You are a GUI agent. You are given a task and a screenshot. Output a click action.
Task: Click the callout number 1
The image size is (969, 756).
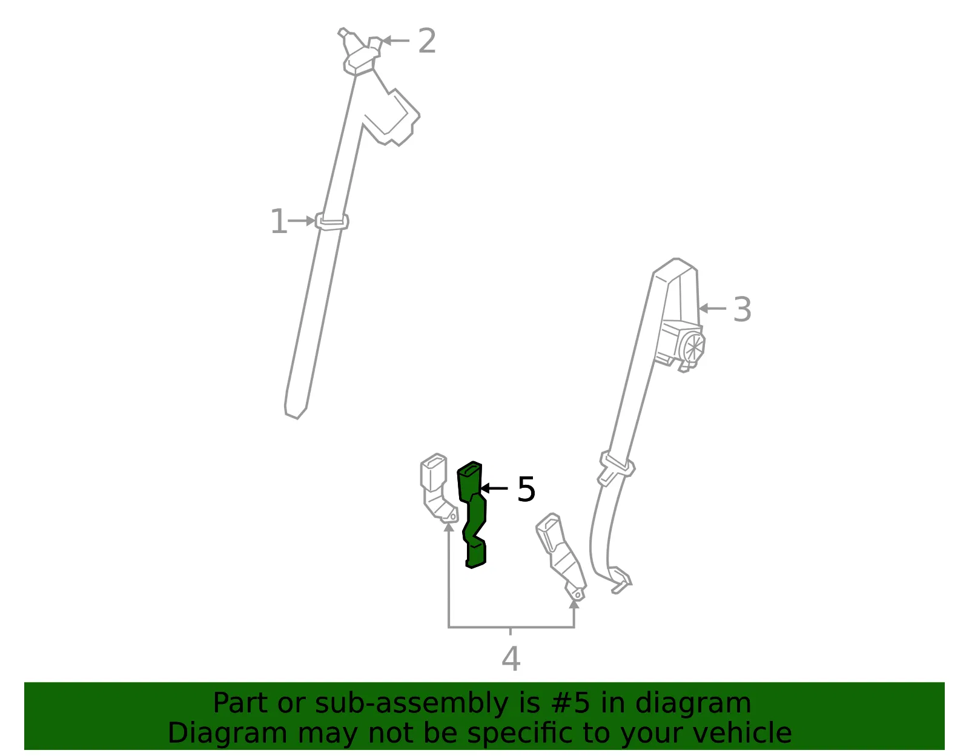pyautogui.click(x=279, y=221)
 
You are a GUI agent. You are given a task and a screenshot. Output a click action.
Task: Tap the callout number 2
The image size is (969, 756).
pyautogui.click(x=427, y=41)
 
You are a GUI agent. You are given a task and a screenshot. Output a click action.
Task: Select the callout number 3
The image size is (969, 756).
pyautogui.click(x=742, y=309)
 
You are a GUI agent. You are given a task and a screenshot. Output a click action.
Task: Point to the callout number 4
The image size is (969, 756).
pyautogui.click(x=511, y=659)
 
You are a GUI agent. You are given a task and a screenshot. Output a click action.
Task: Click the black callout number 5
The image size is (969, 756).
pyautogui.click(x=526, y=489)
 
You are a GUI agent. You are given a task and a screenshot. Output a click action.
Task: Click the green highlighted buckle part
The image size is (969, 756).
pyautogui.click(x=472, y=514)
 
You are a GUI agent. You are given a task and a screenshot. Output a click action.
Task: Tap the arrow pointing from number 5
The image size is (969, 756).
pyautogui.click(x=494, y=488)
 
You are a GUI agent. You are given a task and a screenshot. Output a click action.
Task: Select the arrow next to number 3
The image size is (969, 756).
pyautogui.click(x=713, y=308)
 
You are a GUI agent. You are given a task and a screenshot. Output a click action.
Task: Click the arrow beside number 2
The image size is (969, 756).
pyautogui.click(x=396, y=41)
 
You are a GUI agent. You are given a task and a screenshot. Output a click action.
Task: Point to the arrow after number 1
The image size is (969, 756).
pyautogui.click(x=302, y=220)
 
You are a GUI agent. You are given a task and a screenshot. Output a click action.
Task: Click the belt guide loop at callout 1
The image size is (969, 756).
pyautogui.click(x=332, y=222)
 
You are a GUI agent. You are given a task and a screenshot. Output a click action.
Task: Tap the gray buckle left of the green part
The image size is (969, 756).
pyautogui.click(x=438, y=488)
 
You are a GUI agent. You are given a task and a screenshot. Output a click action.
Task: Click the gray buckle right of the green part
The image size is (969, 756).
pyautogui.click(x=561, y=557)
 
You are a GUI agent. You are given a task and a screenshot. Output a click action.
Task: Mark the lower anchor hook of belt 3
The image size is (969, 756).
pyautogui.click(x=620, y=580)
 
